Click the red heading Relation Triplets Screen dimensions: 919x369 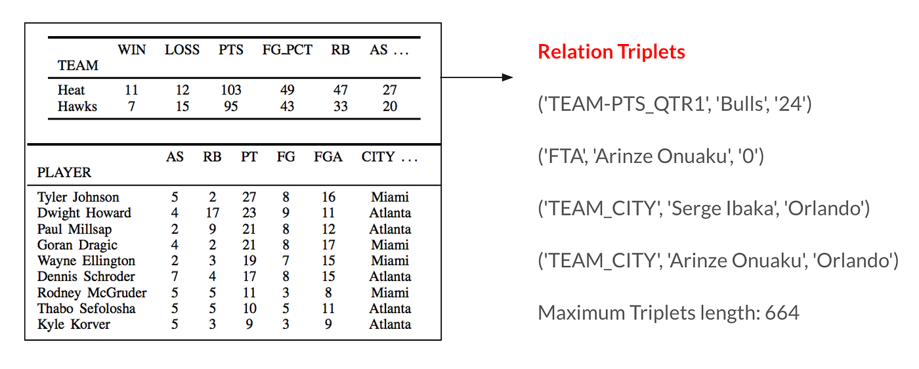point(611,52)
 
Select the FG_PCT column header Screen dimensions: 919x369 point(288,50)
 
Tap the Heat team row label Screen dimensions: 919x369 point(71,90)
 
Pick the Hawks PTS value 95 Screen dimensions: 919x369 point(231,106)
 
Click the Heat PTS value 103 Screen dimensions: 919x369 point(231,90)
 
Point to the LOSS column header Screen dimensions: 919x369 point(182,50)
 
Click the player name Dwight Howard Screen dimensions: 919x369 point(84,213)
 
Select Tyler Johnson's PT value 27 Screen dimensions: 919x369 point(249,197)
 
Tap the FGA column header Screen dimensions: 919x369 point(328,157)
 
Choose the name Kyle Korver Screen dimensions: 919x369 point(74,324)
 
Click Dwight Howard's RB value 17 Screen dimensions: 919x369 point(212,213)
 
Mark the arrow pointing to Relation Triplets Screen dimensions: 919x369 point(477,77)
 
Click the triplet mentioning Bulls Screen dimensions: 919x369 point(675,104)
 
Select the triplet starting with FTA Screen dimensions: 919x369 point(651,156)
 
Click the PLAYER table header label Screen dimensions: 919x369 point(64,173)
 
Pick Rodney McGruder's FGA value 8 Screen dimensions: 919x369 point(328,293)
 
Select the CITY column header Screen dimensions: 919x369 point(378,157)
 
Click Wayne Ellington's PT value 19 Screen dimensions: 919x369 point(249,261)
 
